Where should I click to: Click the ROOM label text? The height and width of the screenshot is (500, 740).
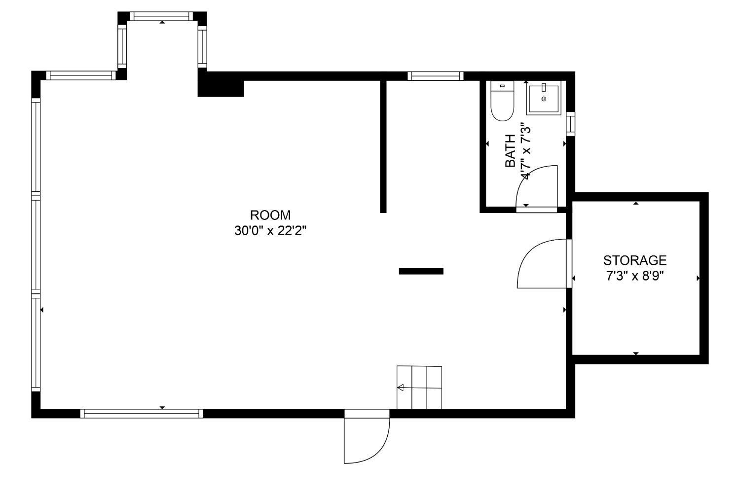pyautogui.click(x=270, y=215)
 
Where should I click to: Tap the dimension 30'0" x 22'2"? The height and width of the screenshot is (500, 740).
pyautogui.click(x=270, y=231)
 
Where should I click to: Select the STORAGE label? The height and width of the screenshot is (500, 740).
pyautogui.click(x=634, y=260)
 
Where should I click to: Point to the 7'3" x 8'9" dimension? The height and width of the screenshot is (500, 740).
pyautogui.click(x=634, y=276)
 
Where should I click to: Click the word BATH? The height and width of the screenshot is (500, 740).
pyautogui.click(x=511, y=150)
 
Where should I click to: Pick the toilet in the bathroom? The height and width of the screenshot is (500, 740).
pyautogui.click(x=502, y=101)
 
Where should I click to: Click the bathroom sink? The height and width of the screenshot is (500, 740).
pyautogui.click(x=544, y=98)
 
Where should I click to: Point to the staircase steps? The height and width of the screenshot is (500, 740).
pyautogui.click(x=419, y=388)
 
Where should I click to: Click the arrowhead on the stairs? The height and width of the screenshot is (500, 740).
pyautogui.click(x=401, y=388)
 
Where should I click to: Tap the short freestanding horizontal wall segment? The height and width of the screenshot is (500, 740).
pyautogui.click(x=421, y=271)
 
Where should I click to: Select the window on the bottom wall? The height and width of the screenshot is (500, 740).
pyautogui.click(x=142, y=414)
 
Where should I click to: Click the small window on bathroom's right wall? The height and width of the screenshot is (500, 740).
pyautogui.click(x=570, y=124)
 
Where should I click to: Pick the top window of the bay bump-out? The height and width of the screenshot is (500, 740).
pyautogui.click(x=161, y=16)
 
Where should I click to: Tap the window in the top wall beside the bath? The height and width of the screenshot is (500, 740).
pyautogui.click(x=436, y=76)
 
